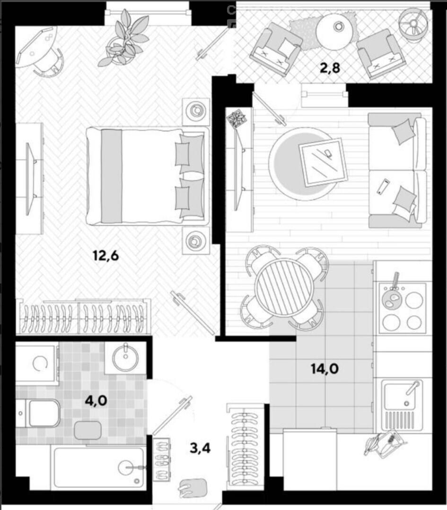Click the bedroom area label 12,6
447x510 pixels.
tap(106, 256)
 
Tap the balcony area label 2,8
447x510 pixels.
tap(330, 68)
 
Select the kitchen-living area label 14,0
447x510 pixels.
tap(325, 369)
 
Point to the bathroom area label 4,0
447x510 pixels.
tap(96, 401)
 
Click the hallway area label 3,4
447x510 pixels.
tap(200, 448)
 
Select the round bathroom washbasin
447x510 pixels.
tap(125, 358)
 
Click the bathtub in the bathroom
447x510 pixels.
tap(99, 467)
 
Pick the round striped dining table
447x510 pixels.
tap(284, 287)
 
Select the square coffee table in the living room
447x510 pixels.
tap(323, 162)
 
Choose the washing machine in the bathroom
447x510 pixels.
tap(36, 363)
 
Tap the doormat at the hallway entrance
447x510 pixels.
tap(193, 488)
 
